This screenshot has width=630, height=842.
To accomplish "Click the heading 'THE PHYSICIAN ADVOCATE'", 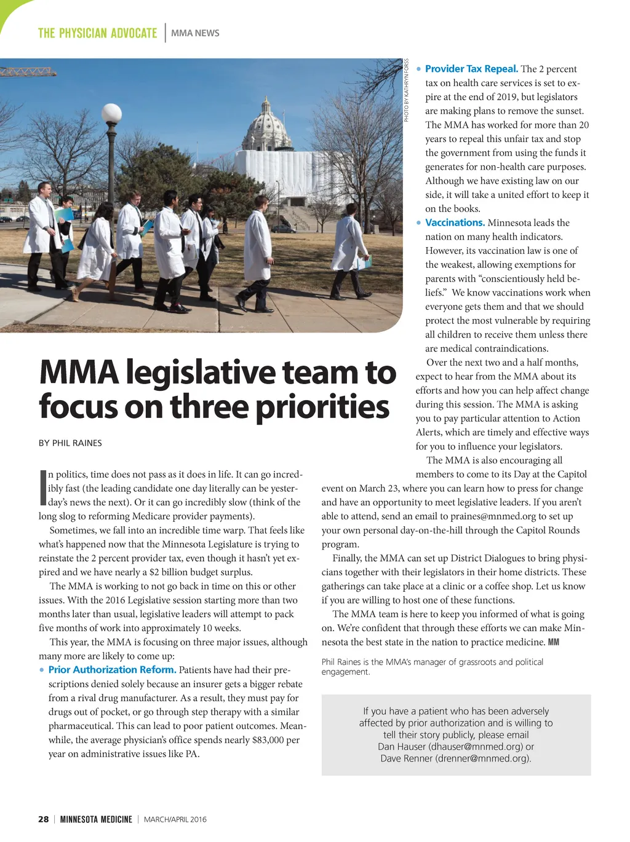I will (97, 33).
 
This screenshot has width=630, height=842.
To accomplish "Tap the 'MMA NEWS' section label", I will (195, 33).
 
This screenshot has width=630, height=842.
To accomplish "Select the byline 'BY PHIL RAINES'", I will (70, 443).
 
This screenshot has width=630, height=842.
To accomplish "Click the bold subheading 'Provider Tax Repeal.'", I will (471, 69).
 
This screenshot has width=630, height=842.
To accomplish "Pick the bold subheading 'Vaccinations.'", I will (455, 222).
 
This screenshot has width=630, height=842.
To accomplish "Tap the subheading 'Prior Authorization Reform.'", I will (112, 670).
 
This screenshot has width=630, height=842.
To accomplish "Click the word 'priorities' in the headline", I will (322, 407).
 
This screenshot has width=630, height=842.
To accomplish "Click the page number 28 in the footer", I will (43, 819).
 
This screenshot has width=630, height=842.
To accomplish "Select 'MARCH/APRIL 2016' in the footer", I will (175, 819).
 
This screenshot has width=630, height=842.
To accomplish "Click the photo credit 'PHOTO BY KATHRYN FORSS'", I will (407, 90).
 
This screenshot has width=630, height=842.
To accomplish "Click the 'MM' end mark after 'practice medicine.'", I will (553, 642).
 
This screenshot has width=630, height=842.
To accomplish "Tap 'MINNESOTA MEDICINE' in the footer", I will (96, 819).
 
